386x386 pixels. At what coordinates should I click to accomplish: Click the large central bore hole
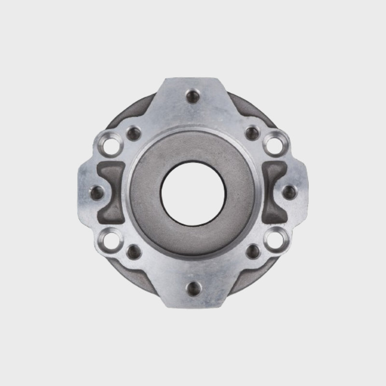click(193, 192)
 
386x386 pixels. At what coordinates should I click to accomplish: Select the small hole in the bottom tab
click(193, 289)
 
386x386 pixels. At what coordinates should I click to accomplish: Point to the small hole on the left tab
click(96, 193)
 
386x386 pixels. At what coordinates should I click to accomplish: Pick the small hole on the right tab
click(289, 192)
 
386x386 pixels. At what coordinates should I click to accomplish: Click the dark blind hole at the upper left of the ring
click(133, 133)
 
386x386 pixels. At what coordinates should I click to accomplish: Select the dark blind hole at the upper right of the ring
click(252, 133)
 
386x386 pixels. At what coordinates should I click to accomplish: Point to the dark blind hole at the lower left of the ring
click(134, 251)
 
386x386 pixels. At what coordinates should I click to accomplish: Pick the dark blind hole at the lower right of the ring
click(253, 251)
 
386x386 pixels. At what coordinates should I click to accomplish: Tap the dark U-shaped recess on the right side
click(274, 192)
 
